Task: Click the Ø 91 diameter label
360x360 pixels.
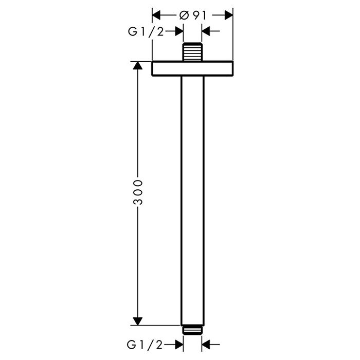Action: click(x=192, y=15)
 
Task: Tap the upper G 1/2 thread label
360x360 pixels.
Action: click(x=146, y=31)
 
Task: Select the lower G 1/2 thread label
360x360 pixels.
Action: click(x=145, y=345)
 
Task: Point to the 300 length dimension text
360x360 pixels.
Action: click(x=138, y=192)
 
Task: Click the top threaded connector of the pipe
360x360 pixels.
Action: click(x=192, y=51)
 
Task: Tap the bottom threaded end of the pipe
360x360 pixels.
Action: click(x=192, y=330)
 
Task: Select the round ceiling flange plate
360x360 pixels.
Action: click(x=192, y=68)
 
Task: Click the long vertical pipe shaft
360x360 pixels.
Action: click(x=192, y=201)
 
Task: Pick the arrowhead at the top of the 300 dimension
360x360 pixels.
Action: click(x=138, y=65)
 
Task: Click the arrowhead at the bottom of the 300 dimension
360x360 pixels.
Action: click(x=138, y=321)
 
